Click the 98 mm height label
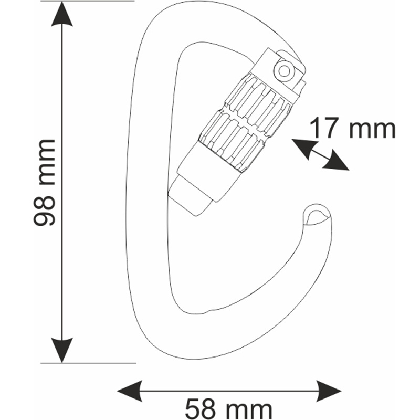[44, 182]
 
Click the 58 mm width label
[228, 409]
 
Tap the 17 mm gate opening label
[352, 129]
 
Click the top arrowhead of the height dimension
[62, 14]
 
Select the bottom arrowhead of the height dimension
[62, 350]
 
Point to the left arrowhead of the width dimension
[130, 391]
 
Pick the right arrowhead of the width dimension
[329, 391]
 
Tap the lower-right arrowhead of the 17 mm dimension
[336, 161]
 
